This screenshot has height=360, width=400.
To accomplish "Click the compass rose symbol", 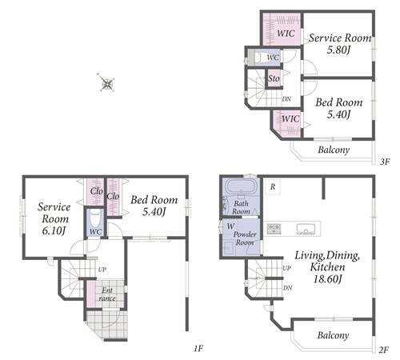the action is (x=107, y=83).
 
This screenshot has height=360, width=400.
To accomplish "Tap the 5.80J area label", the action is (x=338, y=50).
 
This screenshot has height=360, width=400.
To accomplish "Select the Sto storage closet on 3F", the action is (x=274, y=78).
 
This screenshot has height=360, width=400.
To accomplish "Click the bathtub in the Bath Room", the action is (x=242, y=186).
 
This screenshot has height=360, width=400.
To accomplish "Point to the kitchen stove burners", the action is (x=274, y=229).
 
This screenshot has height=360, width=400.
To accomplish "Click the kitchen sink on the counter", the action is (x=306, y=229).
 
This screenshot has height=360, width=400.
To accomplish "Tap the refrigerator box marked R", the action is (x=273, y=186).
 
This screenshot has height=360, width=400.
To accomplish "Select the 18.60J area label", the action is (x=327, y=279).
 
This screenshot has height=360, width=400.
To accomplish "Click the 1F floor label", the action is (x=198, y=348).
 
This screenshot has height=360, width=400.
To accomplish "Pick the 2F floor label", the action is (x=383, y=350).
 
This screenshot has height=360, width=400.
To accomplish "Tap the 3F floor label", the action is (x=385, y=162).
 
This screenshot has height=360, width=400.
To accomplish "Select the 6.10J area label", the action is (x=54, y=231).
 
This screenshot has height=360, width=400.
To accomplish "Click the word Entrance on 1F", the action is (x=107, y=294).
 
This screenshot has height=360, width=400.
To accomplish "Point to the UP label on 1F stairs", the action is (x=102, y=270).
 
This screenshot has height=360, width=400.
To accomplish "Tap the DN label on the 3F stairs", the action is (x=286, y=99).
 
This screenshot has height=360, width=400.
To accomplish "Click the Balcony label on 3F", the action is (x=334, y=150).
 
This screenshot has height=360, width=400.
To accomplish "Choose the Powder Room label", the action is (x=245, y=238).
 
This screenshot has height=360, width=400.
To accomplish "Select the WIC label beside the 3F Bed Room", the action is (x=290, y=118).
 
